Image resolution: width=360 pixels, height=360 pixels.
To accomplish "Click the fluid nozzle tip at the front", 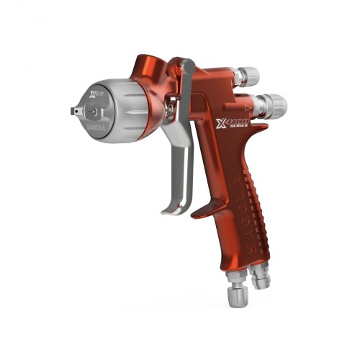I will (74, 111).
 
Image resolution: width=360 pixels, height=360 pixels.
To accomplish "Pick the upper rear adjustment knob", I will (249, 75).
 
